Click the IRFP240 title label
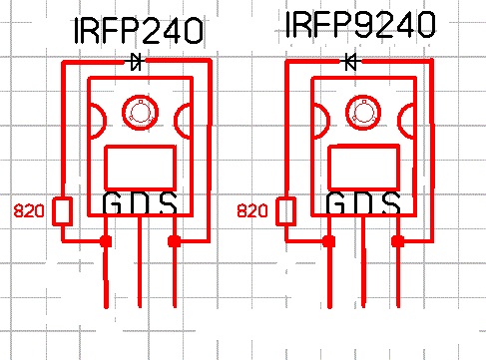click(139, 31)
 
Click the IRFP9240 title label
click(360, 24)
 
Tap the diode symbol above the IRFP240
click(136, 62)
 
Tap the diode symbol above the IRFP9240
click(350, 62)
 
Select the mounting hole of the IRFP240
click(140, 113)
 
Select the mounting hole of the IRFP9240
click(363, 113)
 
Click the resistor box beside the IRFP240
click(62, 211)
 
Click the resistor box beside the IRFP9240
click(285, 211)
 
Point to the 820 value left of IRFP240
click(29, 211)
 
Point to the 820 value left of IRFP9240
click(252, 211)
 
